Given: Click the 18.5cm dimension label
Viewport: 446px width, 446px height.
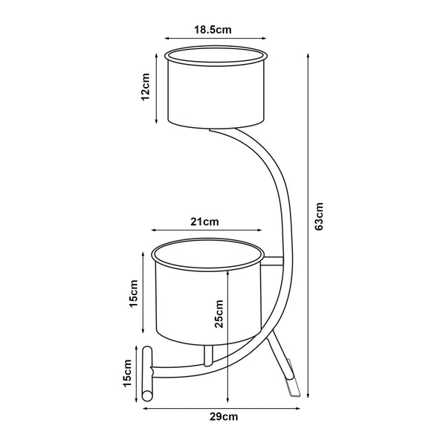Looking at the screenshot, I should tap(213, 30).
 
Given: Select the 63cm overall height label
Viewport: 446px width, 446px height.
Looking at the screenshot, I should tap(319, 216).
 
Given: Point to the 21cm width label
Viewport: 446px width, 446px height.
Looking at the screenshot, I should tap(204, 222).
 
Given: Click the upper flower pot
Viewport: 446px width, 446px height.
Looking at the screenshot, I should tap(215, 93).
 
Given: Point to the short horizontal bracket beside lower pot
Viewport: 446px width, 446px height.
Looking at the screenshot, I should tap(273, 260).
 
